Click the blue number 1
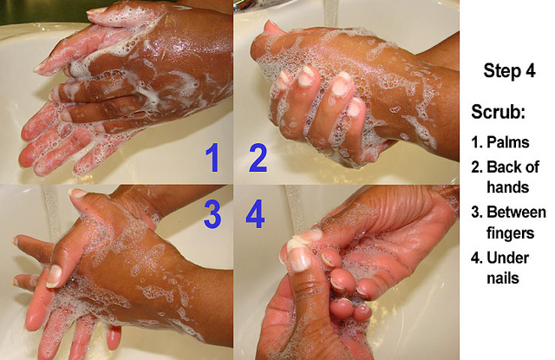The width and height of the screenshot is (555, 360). pyautogui.click(x=213, y=158)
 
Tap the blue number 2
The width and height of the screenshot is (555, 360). pyautogui.click(x=258, y=158)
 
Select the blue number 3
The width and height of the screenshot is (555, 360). pyautogui.click(x=212, y=213)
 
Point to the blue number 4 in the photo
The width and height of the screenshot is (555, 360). pyautogui.click(x=255, y=213)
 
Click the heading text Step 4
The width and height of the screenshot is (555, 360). pyautogui.click(x=509, y=70)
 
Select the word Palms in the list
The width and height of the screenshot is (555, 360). pyautogui.click(x=508, y=142)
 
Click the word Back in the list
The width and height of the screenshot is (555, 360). pyautogui.click(x=501, y=167)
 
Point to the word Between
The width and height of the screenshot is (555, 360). pyautogui.click(x=517, y=212)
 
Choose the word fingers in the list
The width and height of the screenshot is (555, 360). pyautogui.click(x=510, y=233)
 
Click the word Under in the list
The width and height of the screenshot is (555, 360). pyautogui.click(x=508, y=258)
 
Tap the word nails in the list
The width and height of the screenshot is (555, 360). pyautogui.click(x=503, y=278)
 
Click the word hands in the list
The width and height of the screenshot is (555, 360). pyautogui.click(x=508, y=187)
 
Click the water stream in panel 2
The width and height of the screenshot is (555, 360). pyautogui.click(x=331, y=14)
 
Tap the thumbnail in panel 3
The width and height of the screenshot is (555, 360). pyautogui.click(x=54, y=276)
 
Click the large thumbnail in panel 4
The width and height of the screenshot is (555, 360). pyautogui.click(x=298, y=256)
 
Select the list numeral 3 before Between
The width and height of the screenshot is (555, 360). pyautogui.click(x=476, y=212)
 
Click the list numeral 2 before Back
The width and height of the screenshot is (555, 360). pyautogui.click(x=476, y=167)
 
